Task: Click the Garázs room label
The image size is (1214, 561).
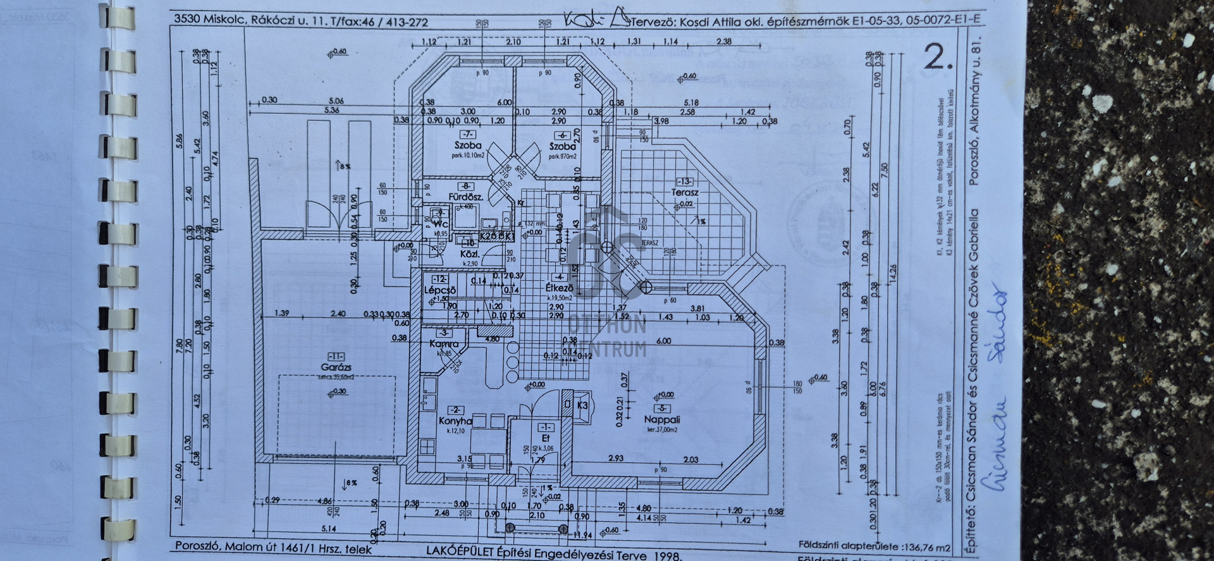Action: (336, 367)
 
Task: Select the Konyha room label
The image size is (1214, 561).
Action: (455, 421)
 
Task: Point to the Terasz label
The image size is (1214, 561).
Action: (685, 192)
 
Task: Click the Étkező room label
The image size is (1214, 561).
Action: (559, 287)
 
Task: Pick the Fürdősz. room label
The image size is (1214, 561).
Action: (466, 197)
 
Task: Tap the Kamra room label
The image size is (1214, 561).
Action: (443, 344)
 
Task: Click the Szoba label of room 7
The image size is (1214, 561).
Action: (467, 145)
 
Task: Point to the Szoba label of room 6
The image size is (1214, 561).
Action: (562, 146)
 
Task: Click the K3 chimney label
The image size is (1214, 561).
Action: (582, 405)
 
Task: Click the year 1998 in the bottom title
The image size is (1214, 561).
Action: (666, 556)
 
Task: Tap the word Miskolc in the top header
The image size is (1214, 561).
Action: (225, 19)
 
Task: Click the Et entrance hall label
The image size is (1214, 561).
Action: (546, 438)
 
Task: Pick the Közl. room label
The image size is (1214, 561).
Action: (470, 254)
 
